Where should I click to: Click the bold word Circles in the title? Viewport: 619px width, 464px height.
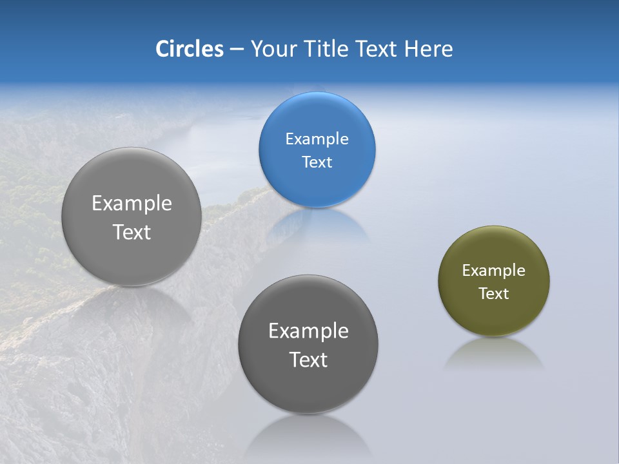click(x=189, y=49)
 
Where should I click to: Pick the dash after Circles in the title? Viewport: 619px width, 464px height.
click(x=237, y=50)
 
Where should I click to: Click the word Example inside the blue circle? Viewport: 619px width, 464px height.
click(x=317, y=139)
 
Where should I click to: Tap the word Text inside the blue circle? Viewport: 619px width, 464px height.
click(x=317, y=162)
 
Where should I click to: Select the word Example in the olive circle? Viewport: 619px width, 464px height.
click(x=493, y=270)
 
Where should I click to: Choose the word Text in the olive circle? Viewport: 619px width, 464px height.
click(x=493, y=293)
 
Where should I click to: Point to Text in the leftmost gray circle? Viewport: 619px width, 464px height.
click(x=132, y=231)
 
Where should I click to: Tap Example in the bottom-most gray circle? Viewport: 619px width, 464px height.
click(x=308, y=331)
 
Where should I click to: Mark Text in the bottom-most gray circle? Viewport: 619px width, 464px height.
click(x=308, y=359)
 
